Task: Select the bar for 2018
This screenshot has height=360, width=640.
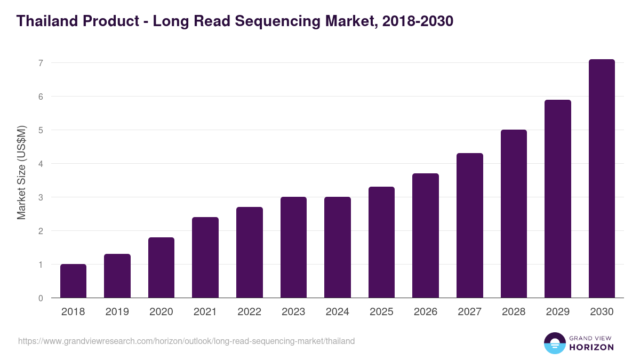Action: tap(73, 281)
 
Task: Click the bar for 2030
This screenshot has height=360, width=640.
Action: tap(602, 179)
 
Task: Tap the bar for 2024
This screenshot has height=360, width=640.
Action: tap(338, 247)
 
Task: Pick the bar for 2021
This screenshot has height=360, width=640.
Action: tap(205, 258)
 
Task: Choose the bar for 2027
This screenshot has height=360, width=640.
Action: tap(470, 226)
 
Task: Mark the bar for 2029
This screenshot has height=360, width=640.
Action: tap(557, 199)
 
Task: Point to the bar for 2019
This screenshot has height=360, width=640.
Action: tap(117, 276)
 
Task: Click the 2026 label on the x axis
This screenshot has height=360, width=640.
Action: tap(426, 312)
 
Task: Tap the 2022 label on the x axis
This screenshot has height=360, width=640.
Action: tap(249, 312)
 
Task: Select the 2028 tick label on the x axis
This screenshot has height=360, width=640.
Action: tap(514, 312)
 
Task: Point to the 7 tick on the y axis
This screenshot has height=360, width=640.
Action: tap(41, 63)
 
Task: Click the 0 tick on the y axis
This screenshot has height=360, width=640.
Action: tap(41, 298)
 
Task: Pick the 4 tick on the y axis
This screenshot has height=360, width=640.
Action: tap(41, 164)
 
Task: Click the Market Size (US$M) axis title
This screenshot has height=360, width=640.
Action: tap(21, 173)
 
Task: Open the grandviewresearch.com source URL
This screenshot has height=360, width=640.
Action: tap(186, 341)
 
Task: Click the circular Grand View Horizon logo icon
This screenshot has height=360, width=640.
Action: tap(555, 343)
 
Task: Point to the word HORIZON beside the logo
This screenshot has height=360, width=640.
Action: tap(591, 347)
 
